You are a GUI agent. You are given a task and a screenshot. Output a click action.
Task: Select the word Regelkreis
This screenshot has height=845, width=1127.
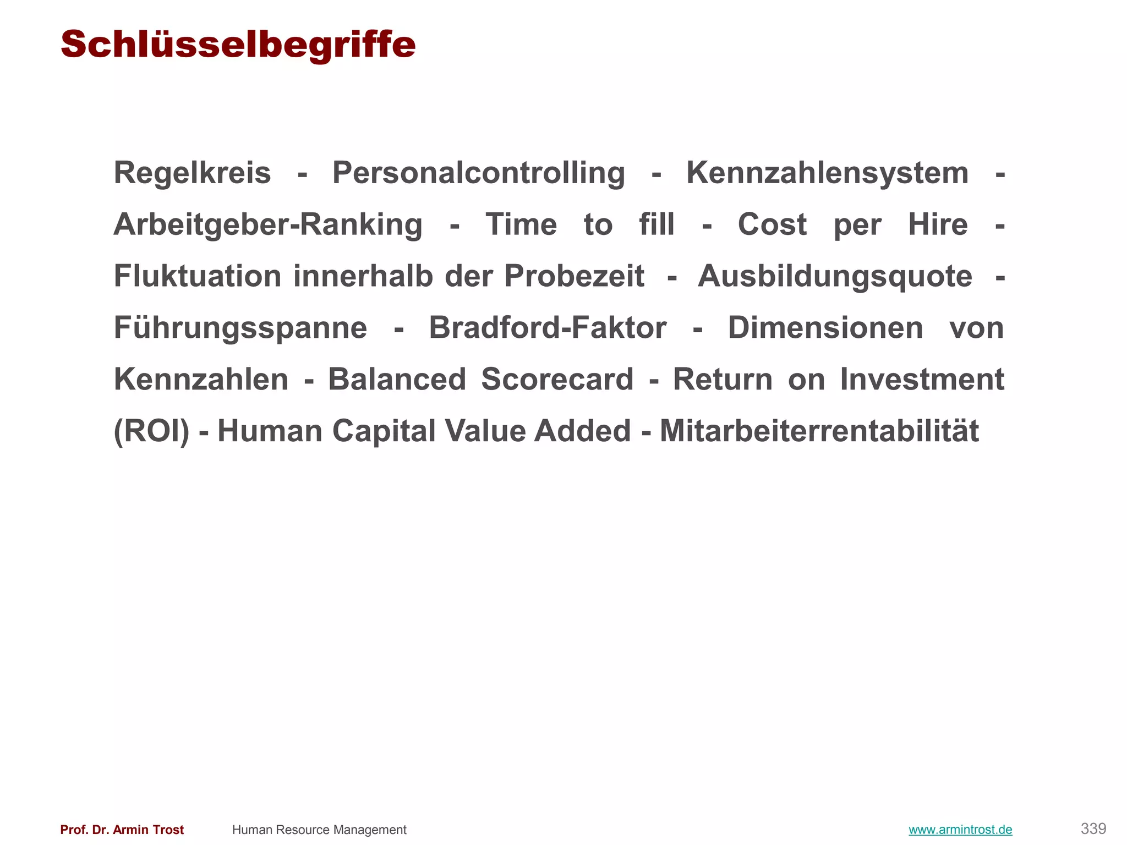[x=192, y=173]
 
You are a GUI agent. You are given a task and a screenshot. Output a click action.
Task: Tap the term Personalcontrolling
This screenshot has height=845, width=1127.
[x=478, y=173]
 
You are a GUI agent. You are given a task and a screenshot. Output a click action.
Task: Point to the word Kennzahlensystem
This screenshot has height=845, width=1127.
[x=827, y=173]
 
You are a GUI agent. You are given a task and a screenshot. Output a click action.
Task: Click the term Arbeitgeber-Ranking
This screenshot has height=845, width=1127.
[x=268, y=225]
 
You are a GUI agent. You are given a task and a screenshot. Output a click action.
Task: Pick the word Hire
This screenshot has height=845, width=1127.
[x=938, y=225]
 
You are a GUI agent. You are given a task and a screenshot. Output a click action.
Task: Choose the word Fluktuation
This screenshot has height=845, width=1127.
[x=198, y=276]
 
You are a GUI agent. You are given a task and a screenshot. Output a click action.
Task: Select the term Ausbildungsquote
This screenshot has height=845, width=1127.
[x=835, y=276]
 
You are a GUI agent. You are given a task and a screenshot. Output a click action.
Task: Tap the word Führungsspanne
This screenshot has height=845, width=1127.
[x=240, y=328]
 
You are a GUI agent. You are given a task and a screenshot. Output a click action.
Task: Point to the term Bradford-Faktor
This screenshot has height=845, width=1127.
[x=548, y=328]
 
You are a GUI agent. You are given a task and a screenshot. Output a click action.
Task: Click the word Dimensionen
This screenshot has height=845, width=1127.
[x=825, y=328]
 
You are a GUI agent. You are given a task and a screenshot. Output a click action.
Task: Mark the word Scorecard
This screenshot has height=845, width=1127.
[x=557, y=380]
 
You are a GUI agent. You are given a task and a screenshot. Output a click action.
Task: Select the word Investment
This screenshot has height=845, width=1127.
[x=922, y=380]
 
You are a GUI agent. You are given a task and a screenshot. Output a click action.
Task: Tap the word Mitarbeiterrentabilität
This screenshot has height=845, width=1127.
[x=819, y=431]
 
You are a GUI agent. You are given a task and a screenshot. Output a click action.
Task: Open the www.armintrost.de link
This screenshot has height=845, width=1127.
[x=960, y=830]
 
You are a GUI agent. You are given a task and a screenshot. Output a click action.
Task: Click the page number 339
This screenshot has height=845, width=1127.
[x=1093, y=828]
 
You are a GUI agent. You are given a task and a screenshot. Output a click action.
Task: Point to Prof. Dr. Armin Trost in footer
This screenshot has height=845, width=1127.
[x=122, y=830]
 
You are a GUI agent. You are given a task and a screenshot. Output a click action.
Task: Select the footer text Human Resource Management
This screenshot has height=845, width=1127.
[x=319, y=830]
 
